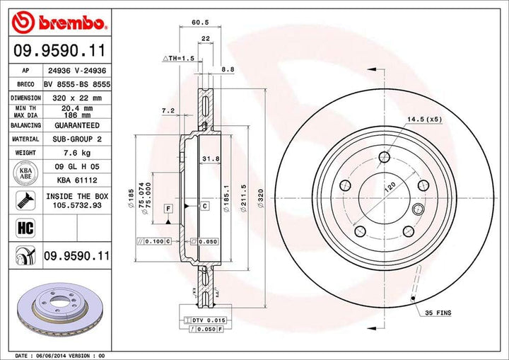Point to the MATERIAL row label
25,139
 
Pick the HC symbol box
21,227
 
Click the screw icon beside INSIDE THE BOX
21,200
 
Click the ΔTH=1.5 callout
178,57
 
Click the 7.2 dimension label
168,111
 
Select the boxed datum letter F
168,209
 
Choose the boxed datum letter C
204,206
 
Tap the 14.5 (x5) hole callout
424,119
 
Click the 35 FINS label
438,312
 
